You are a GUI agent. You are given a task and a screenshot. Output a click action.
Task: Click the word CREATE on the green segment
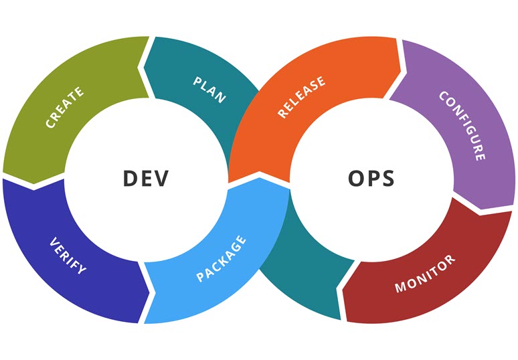[65, 107]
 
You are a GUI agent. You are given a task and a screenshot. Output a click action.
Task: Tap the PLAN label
[209, 90]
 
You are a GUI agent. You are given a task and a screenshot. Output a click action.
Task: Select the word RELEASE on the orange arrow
[301, 97]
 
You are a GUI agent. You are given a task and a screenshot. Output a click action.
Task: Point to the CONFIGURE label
[463, 126]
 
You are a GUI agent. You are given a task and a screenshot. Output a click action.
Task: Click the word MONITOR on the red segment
[425, 274]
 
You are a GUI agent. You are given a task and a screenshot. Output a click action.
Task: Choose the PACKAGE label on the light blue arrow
[222, 258]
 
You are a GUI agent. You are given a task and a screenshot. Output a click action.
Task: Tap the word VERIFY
[68, 256]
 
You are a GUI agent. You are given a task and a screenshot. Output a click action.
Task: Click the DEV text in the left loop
[146, 179]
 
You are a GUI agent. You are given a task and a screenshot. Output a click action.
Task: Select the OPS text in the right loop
[371, 179]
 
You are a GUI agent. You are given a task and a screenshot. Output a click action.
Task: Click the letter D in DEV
[130, 179]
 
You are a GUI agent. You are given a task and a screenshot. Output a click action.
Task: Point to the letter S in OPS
[387, 179]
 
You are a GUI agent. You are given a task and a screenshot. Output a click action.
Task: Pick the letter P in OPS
[373, 179]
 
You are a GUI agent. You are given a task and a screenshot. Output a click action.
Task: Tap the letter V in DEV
[161, 179]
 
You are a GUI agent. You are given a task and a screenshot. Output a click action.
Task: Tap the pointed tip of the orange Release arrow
[260, 172]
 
